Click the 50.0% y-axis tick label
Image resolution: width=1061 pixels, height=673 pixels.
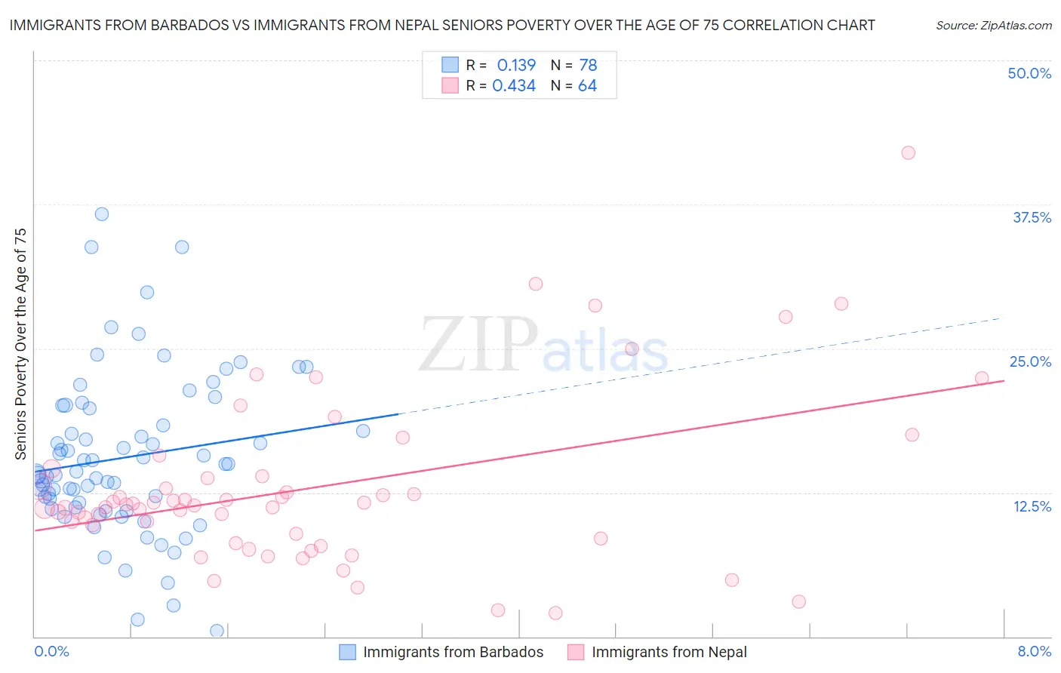pos(1029,73)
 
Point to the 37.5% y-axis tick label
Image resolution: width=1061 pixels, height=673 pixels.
pos(1032,217)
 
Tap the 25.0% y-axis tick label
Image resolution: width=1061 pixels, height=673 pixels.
pos(1030,361)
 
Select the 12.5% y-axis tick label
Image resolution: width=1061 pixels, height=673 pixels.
pos(1032,506)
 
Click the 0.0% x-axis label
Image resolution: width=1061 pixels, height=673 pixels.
pos(51,651)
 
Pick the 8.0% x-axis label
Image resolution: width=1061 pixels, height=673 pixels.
pos(1034,651)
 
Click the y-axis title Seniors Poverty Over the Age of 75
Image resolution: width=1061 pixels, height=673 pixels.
pos(20,343)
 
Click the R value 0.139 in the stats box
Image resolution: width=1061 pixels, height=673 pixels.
pos(516,65)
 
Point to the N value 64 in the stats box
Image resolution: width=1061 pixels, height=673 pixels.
pos(587,86)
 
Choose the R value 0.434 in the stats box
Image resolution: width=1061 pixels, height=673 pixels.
pos(514,86)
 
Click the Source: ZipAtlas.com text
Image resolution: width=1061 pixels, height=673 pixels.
pos(993,25)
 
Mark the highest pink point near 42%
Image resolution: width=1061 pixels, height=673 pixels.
pos(908,152)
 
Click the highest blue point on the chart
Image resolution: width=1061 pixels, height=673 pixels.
pos(101,214)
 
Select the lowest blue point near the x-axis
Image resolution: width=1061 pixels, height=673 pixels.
pos(217,631)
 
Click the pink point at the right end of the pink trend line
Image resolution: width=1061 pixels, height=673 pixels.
pos(982,378)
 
